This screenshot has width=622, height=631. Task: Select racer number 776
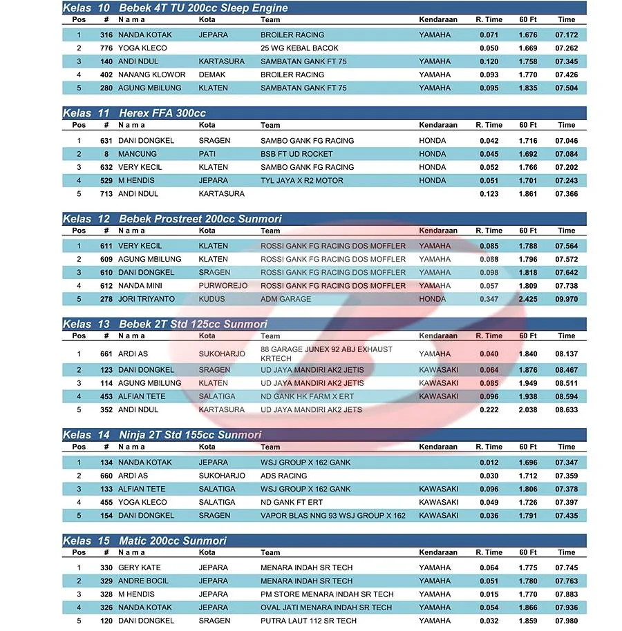[106, 48]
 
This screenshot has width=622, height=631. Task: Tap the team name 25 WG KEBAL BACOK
[299, 48]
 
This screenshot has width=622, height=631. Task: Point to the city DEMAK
[212, 75]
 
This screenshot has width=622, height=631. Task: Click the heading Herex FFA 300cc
[162, 113]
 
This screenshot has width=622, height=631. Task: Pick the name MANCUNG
[137, 154]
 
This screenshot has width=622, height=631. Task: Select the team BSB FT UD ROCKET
[296, 154]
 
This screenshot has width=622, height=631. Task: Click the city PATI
[207, 154]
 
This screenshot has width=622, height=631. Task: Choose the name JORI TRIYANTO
[147, 299]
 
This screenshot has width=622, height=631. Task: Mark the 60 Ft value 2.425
[528, 299]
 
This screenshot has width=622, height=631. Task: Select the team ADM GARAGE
[285, 299]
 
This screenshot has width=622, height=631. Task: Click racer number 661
[106, 354]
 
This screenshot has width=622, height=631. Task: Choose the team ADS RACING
[283, 476]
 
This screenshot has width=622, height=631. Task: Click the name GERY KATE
[139, 568]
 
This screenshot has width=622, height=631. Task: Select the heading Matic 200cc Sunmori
[172, 541]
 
